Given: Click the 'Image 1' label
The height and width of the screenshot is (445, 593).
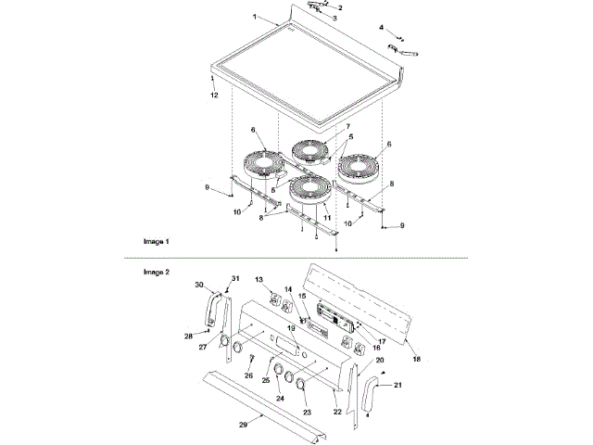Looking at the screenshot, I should click(x=156, y=241).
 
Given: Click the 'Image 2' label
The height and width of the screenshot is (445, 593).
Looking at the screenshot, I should click(x=156, y=273).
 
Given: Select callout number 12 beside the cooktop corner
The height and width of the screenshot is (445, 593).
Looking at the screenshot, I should click(x=213, y=95).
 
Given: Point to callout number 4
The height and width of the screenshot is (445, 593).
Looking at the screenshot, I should click(x=381, y=27).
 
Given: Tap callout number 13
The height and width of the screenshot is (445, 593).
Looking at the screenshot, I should click(x=259, y=279).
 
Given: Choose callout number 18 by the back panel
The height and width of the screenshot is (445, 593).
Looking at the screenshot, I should click(x=415, y=358).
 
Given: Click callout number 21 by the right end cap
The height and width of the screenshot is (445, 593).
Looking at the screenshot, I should click(x=398, y=384).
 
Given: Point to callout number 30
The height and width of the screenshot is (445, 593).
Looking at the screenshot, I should click(x=198, y=285).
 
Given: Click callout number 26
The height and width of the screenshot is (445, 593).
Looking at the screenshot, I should click(x=247, y=375).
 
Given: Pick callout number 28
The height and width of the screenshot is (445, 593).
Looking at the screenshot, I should click(x=188, y=335).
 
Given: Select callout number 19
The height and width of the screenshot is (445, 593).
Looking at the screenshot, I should click(x=290, y=328).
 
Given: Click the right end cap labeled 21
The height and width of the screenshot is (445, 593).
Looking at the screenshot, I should click(x=371, y=394).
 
